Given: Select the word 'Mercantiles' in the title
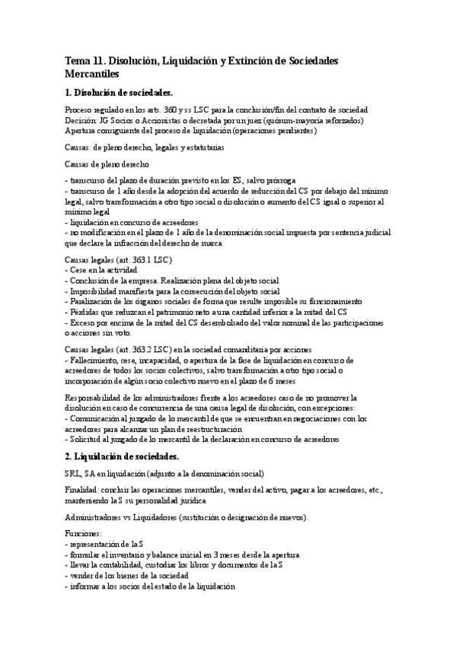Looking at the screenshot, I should click(93, 75).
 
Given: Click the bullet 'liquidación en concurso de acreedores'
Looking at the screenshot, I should click(134, 222).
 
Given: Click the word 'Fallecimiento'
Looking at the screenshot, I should click(97, 359).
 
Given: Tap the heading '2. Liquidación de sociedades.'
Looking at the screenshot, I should click(123, 456).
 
